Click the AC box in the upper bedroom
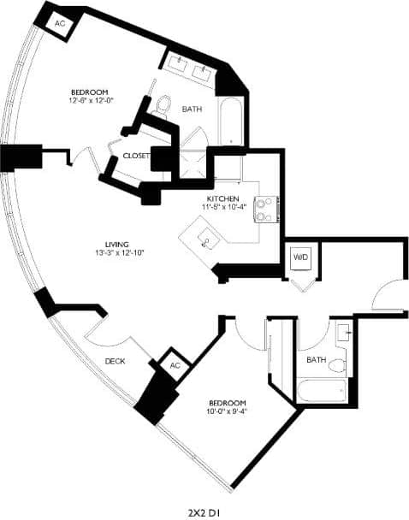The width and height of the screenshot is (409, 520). click(60, 24)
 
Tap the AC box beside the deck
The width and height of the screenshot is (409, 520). click(175, 365)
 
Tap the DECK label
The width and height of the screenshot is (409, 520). click(116, 361)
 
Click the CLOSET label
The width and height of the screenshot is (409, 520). click(136, 157)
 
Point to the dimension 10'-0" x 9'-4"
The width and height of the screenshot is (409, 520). click(225, 411)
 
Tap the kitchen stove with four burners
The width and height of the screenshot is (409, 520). click(267, 209)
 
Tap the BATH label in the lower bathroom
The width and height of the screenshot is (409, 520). click(317, 359)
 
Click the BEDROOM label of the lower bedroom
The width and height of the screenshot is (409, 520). click(227, 402)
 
